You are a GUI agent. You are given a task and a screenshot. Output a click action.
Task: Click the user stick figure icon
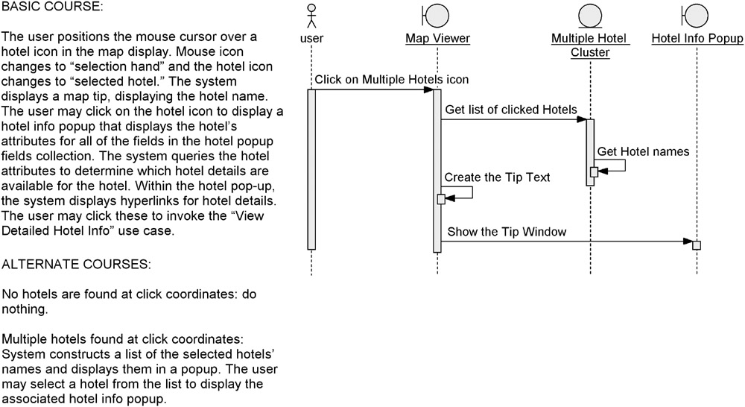[311, 16]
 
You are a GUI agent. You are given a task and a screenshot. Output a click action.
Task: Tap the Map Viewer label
[437, 39]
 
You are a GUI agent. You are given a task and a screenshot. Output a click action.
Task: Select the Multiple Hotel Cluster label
[589, 45]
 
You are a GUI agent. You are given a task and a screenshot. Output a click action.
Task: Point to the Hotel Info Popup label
[697, 39]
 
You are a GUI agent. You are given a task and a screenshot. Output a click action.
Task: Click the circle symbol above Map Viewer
[435, 15]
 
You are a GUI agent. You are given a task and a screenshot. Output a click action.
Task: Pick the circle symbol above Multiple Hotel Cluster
[590, 15]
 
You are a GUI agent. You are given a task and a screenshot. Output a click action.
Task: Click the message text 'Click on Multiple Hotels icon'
[392, 80]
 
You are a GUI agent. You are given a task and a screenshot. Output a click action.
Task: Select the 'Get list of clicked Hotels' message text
[511, 110]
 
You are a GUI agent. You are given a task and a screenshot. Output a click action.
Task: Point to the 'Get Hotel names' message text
[643, 151]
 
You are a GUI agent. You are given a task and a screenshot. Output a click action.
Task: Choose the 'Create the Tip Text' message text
[497, 177]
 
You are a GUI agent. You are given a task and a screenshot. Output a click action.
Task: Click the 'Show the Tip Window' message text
[507, 232]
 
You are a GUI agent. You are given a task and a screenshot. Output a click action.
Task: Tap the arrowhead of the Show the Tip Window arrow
[688, 242]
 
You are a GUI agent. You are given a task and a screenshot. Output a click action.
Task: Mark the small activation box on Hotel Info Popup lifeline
[697, 245]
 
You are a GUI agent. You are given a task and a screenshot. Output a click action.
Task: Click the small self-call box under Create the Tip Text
[441, 199]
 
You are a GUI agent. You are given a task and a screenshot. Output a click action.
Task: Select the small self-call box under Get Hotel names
[594, 172]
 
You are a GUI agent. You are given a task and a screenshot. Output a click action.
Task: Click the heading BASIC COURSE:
[52, 7]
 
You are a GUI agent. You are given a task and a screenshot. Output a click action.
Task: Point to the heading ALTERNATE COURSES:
[76, 265]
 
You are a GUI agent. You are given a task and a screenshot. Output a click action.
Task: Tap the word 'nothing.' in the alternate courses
[25, 309]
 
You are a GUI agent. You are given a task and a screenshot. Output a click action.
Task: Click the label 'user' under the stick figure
[311, 39]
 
